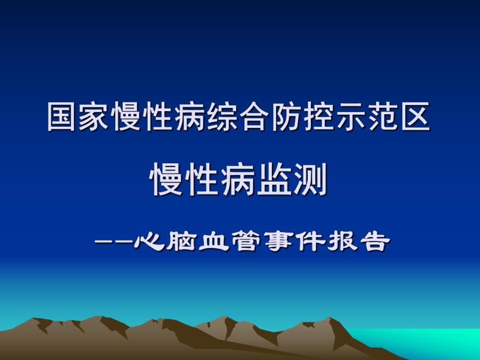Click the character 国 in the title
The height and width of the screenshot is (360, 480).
tap(63, 116)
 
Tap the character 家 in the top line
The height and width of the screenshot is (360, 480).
tap(94, 116)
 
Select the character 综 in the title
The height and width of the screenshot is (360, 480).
tap(223, 116)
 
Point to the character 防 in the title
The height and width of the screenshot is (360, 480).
tap(287, 116)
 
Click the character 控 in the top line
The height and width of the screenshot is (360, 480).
tap(319, 116)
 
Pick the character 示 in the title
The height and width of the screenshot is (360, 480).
tap(351, 116)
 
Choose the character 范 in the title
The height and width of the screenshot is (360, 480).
tap(383, 116)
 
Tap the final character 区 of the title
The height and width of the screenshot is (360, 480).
tap(416, 116)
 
